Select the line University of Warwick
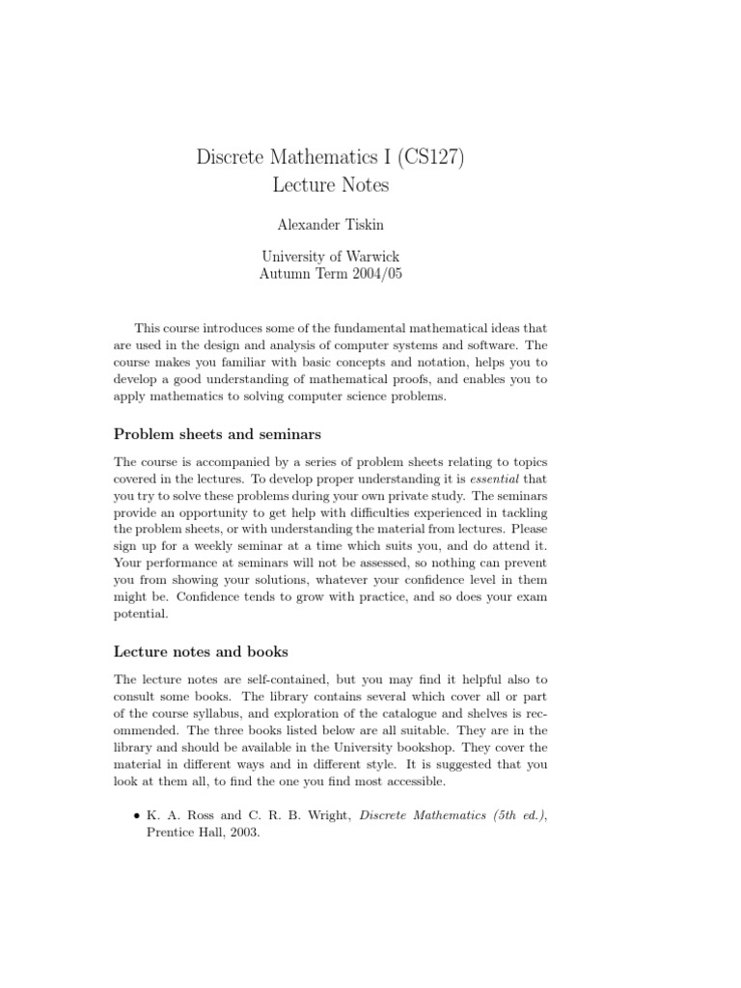(x=329, y=257)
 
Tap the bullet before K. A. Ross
(x=135, y=816)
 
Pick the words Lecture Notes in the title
(x=329, y=183)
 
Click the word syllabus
(x=233, y=714)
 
